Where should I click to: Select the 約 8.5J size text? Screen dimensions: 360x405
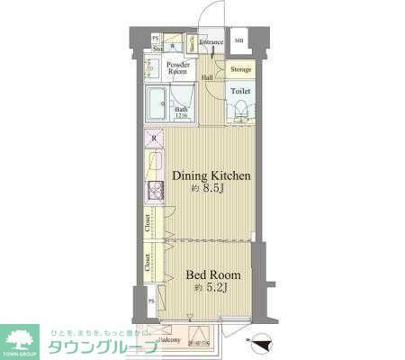[x=212, y=190]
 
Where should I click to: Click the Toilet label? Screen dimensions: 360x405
[x=240, y=91]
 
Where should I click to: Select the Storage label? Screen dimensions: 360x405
[x=240, y=69]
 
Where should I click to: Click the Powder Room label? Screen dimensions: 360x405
[x=176, y=68]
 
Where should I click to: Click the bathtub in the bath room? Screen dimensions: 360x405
[x=160, y=105]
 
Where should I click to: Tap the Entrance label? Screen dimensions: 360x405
[x=211, y=42]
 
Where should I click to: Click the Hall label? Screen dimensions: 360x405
[x=208, y=77]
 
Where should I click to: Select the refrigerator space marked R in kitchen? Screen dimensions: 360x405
[x=153, y=139]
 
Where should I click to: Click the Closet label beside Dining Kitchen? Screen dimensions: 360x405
[x=148, y=223]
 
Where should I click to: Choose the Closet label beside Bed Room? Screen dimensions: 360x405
[x=148, y=262]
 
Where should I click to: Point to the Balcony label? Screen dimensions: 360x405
[x=172, y=340]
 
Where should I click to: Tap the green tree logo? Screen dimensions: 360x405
[x=22, y=339]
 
